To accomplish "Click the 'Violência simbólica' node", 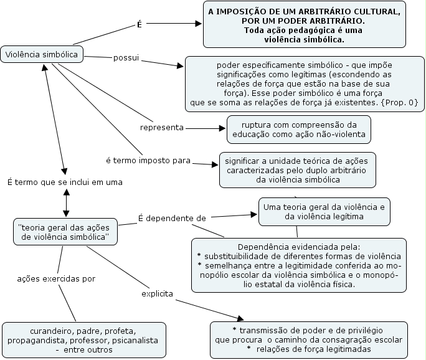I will click(x=42, y=55).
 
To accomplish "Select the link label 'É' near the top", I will click(x=140, y=25).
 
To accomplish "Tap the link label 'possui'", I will click(x=126, y=58).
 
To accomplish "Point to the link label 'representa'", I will click(x=162, y=127).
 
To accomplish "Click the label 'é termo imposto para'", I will click(x=148, y=160).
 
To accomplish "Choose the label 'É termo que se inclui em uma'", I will click(x=65, y=182).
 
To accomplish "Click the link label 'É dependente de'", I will click(x=172, y=218).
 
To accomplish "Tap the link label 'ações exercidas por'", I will click(x=56, y=278).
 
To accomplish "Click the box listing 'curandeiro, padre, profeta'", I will click(x=83, y=340).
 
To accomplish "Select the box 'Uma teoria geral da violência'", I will click(x=324, y=212).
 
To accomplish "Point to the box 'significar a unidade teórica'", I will click(x=297, y=170).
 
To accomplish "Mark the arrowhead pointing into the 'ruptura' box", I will click(x=222, y=129).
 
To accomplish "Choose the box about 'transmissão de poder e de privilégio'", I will click(x=309, y=339).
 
